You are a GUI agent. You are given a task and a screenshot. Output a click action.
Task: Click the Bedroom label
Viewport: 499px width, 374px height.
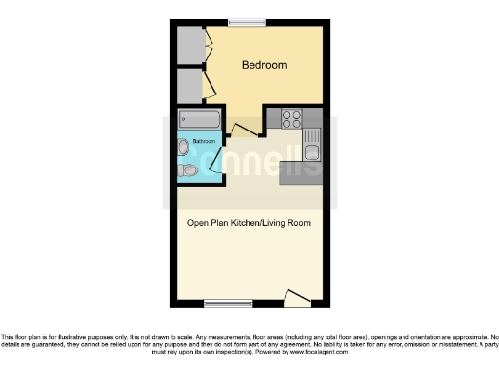[264, 65]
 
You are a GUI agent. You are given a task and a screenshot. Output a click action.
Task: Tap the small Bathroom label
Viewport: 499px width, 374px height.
[204, 142]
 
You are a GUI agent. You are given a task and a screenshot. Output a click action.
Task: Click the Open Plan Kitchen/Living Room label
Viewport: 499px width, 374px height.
[249, 223]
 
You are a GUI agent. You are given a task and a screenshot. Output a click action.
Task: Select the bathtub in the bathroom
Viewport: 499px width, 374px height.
[202, 120]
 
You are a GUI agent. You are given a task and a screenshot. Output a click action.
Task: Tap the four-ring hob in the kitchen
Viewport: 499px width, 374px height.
[291, 118]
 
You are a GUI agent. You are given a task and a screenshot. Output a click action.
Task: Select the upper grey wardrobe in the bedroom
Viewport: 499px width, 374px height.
[188, 43]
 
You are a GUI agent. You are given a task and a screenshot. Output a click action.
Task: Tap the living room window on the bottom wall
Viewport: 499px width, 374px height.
[221, 301]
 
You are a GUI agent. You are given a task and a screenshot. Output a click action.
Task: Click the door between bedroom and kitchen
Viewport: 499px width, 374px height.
[247, 129]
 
